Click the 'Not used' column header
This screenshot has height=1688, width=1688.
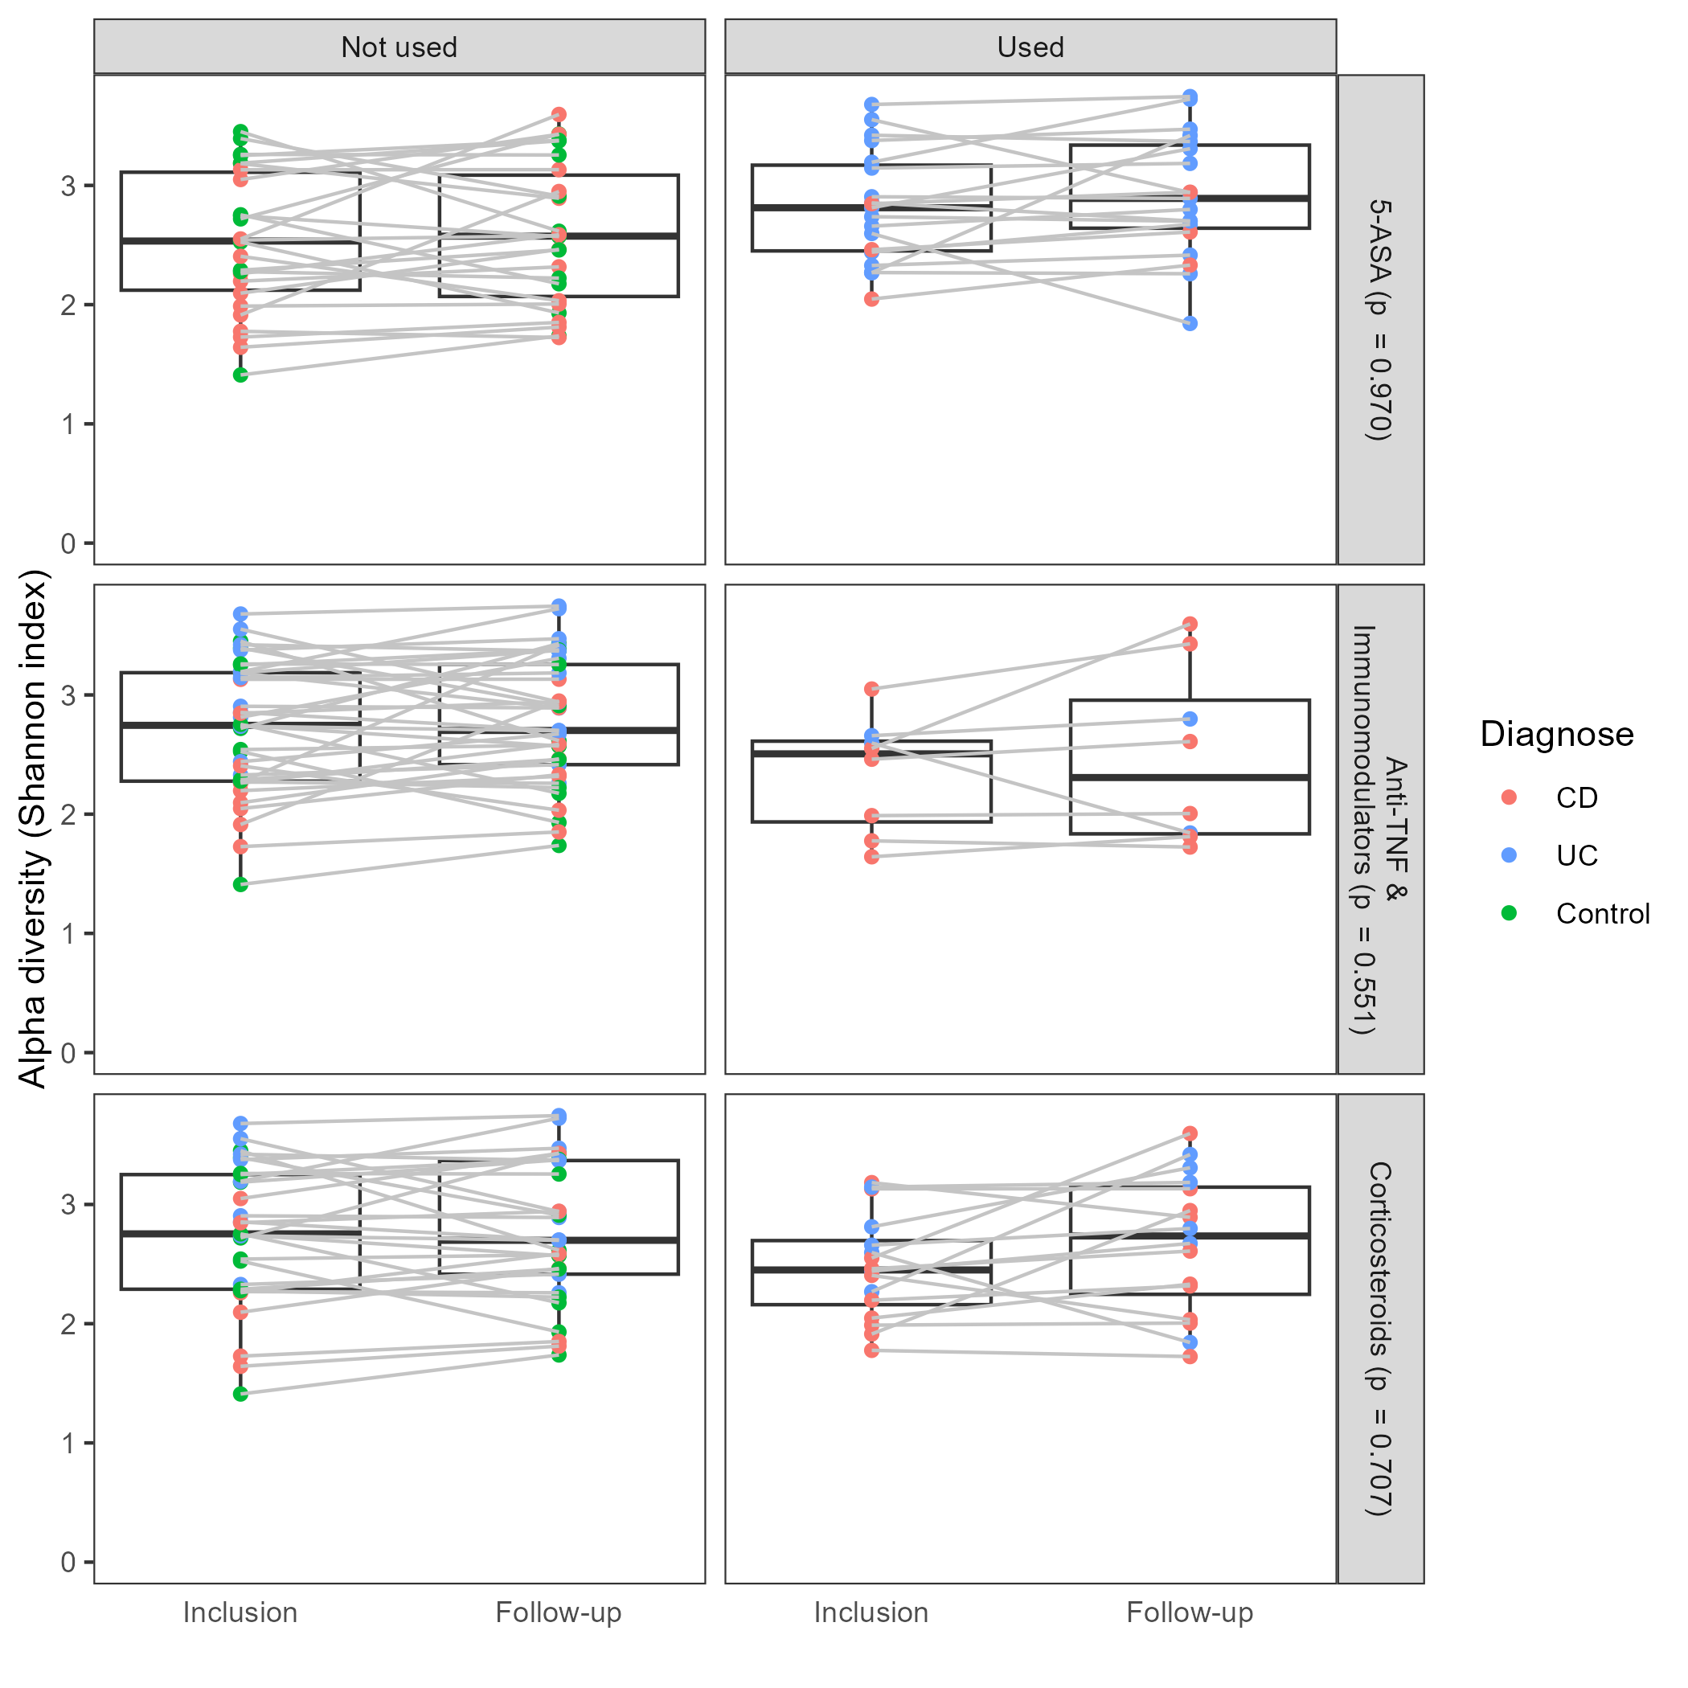(399, 47)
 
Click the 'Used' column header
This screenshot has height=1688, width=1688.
(1030, 47)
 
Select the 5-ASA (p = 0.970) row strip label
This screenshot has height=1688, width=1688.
(1379, 320)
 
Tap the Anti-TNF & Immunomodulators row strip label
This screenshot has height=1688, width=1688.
(1379, 830)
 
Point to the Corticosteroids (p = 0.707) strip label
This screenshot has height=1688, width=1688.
(1379, 1338)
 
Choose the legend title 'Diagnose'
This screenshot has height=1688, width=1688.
(1556, 734)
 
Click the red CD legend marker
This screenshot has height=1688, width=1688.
(1509, 797)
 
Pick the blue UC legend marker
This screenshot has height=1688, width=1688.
(1509, 855)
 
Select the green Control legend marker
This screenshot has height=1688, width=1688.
(1509, 913)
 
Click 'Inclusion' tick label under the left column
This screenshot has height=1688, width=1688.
(240, 1612)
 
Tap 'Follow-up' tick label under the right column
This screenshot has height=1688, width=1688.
(1189, 1612)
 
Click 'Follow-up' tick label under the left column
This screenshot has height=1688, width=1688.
(559, 1612)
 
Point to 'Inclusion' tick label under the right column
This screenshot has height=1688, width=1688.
(871, 1612)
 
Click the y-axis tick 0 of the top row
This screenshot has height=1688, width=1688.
(68, 543)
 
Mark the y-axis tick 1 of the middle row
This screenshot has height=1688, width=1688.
(68, 934)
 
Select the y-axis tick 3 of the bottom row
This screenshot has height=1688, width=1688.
(68, 1205)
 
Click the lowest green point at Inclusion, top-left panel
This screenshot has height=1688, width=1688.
(240, 375)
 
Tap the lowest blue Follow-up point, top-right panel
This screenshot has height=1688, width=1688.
(1190, 323)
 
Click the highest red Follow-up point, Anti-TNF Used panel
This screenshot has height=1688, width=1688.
(1190, 624)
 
